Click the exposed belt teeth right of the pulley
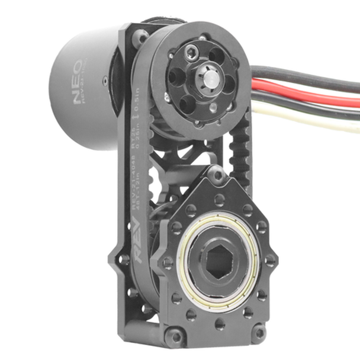click(240, 148)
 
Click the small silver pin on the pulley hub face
click(212, 107)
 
